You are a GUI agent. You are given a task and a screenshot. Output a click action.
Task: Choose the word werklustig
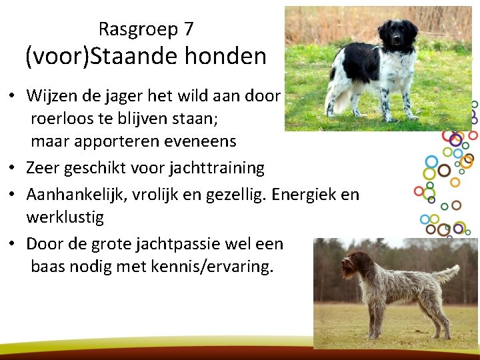[65, 217]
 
